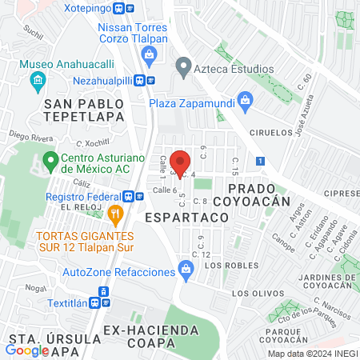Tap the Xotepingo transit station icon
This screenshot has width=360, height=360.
[119, 9]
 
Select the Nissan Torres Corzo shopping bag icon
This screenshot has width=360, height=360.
[148, 54]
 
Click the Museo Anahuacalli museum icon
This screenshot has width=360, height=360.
[37, 80]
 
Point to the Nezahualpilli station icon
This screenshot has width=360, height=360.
[140, 80]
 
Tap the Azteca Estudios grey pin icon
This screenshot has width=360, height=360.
[183, 67]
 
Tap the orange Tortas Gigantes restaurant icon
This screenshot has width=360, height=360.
[115, 213]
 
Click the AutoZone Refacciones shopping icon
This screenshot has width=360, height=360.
[186, 271]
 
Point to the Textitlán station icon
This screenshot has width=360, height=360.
[95, 304]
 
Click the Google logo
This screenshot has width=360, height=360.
[27, 349]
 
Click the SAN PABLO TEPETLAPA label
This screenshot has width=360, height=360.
[84, 111]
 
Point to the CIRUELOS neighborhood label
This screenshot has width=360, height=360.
[261, 132]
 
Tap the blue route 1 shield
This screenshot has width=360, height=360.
[261, 162]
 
